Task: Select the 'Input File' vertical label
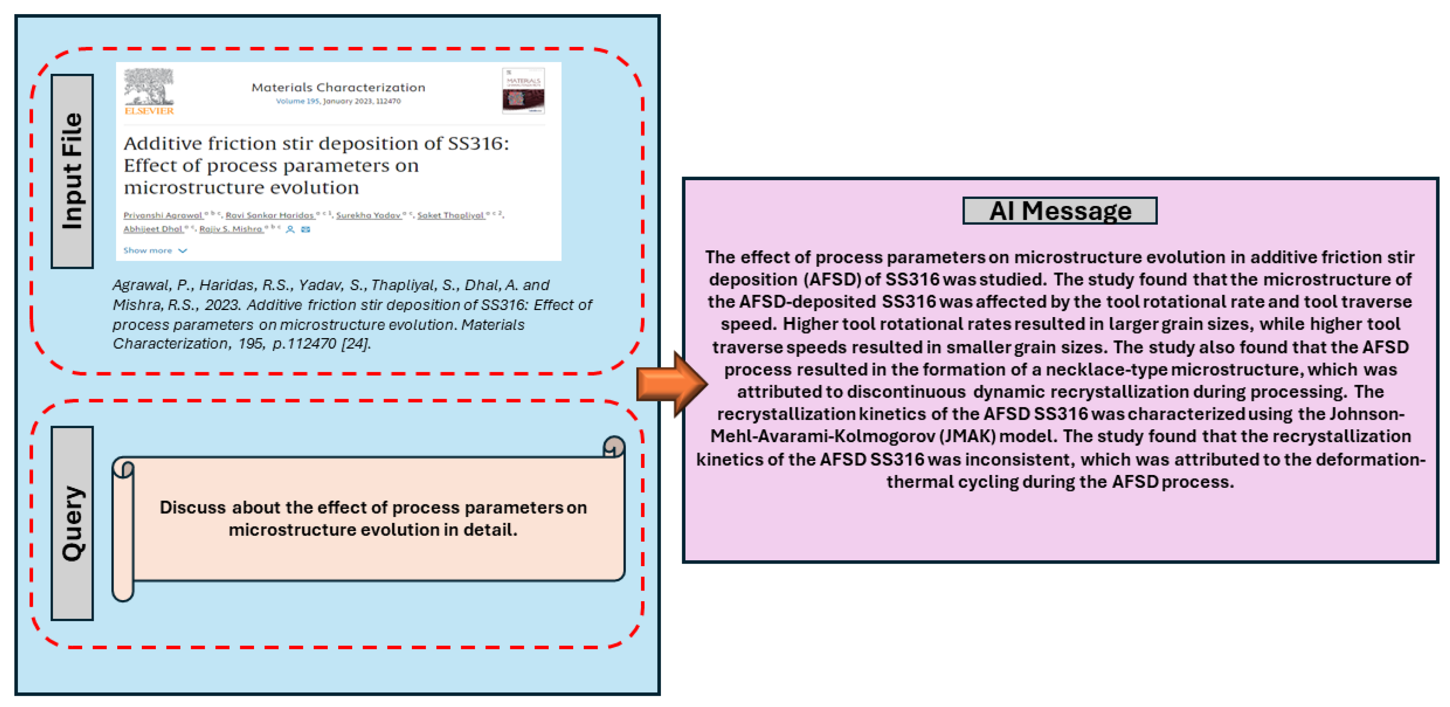(x=72, y=171)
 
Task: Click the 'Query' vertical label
(x=72, y=523)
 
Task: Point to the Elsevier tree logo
(x=149, y=87)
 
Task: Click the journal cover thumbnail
(x=523, y=91)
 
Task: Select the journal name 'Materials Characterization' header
(x=338, y=87)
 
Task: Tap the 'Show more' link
(x=148, y=250)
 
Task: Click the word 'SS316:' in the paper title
(x=478, y=143)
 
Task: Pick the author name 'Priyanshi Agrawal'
(x=163, y=215)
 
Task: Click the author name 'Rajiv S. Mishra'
(x=231, y=229)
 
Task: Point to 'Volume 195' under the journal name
(x=297, y=101)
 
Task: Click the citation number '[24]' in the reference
(x=356, y=344)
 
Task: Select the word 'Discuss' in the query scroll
(x=193, y=507)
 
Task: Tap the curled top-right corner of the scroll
(x=614, y=447)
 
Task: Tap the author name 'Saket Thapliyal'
(x=450, y=215)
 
